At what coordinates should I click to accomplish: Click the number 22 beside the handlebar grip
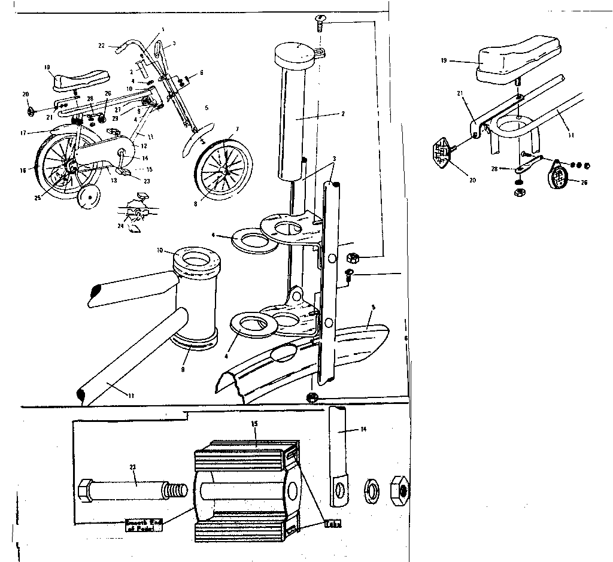(x=101, y=45)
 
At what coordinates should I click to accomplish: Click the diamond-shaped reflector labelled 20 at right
(x=441, y=150)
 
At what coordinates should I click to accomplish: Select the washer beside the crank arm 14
(x=371, y=489)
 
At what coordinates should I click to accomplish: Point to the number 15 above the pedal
(x=254, y=424)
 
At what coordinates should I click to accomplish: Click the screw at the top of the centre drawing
(x=320, y=25)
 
